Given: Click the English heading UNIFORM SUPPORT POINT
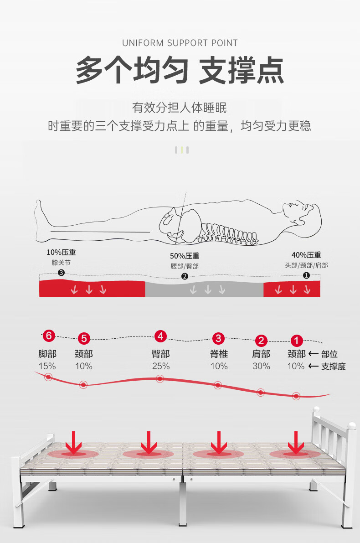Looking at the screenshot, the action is point(180,43).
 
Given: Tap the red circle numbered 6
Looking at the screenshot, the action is point(49,336).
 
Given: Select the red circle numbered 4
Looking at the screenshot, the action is point(160,336).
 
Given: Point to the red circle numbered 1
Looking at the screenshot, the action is point(297,340).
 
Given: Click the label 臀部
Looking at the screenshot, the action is point(160,354).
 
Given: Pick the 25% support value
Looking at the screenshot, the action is point(160,366).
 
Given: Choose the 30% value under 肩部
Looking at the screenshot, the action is point(261,366).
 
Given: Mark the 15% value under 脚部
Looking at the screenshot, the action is point(47,366).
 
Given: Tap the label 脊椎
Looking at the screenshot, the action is point(219,354).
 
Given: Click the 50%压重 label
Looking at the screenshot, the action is point(185,256).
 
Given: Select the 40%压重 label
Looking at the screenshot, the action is point(306,255).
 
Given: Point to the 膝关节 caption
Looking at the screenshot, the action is point(61,263).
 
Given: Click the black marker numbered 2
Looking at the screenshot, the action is point(185,276).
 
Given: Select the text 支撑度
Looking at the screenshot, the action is point(334,366).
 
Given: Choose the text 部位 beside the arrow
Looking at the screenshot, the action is point(329,354).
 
